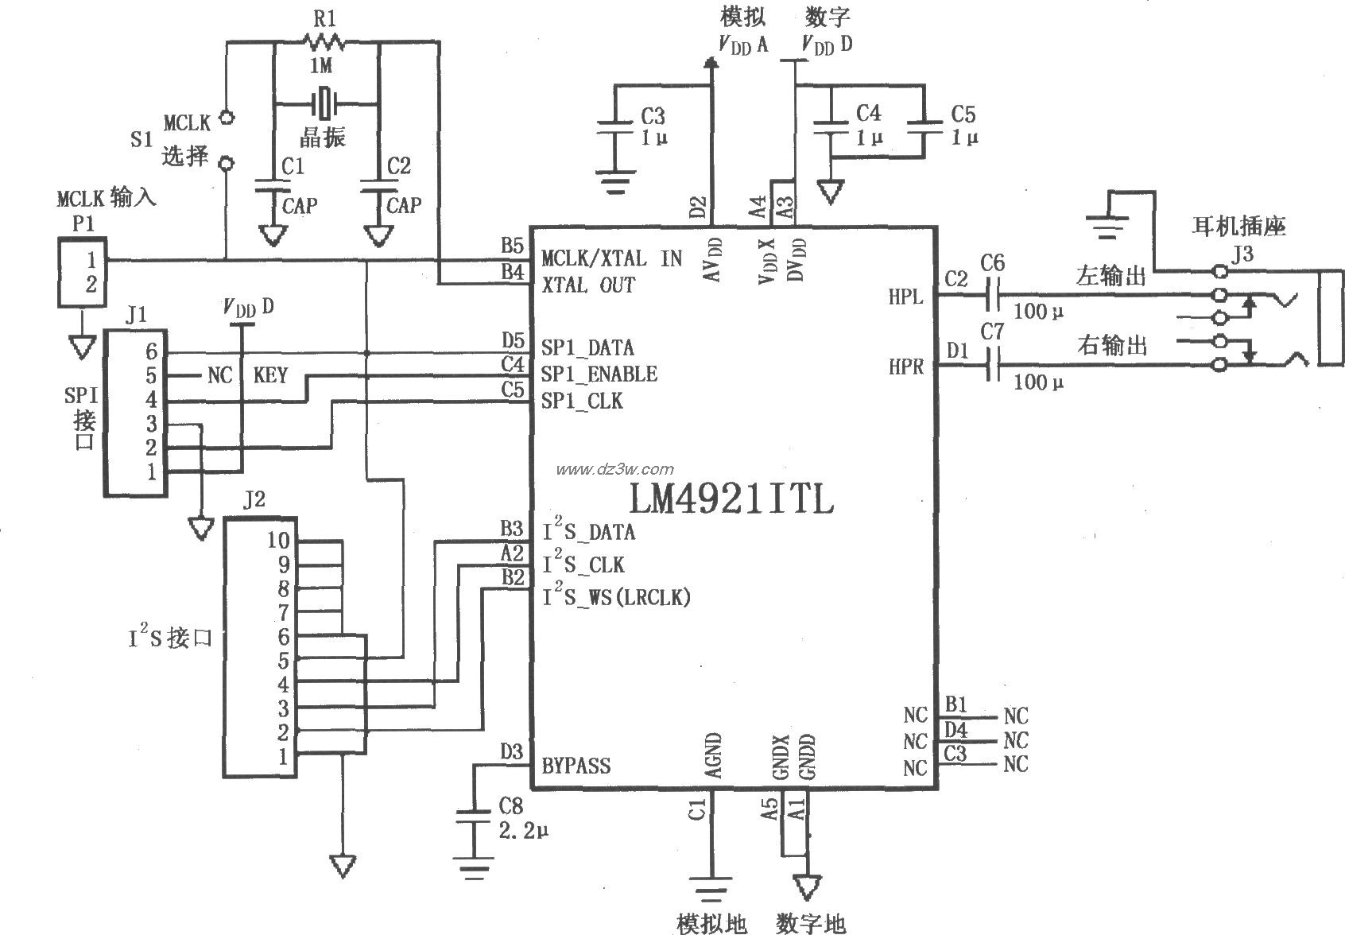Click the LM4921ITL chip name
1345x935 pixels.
(731, 500)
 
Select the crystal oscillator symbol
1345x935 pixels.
(324, 103)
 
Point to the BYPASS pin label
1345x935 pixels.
(576, 766)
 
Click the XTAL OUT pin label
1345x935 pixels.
(587, 285)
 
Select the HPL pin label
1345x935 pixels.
(905, 297)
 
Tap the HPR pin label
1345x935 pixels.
(905, 367)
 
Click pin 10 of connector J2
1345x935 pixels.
(278, 541)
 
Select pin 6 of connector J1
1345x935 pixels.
(151, 351)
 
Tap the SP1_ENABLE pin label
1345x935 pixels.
(599, 374)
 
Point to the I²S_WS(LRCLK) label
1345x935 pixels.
(616, 596)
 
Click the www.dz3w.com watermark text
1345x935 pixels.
(614, 469)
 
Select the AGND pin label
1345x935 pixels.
(712, 756)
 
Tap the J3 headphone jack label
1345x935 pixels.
(1222, 254)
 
